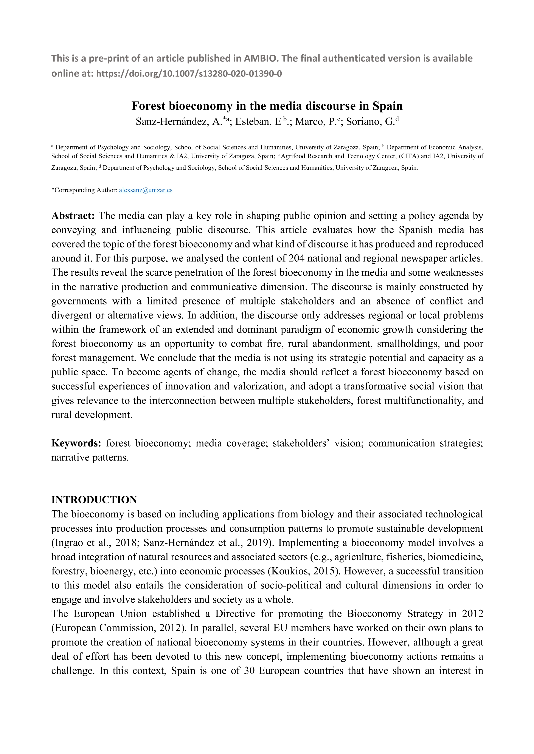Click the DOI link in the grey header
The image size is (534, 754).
coord(189,74)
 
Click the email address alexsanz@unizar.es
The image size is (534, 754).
coord(146,190)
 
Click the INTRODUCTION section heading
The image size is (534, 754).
coord(94,500)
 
